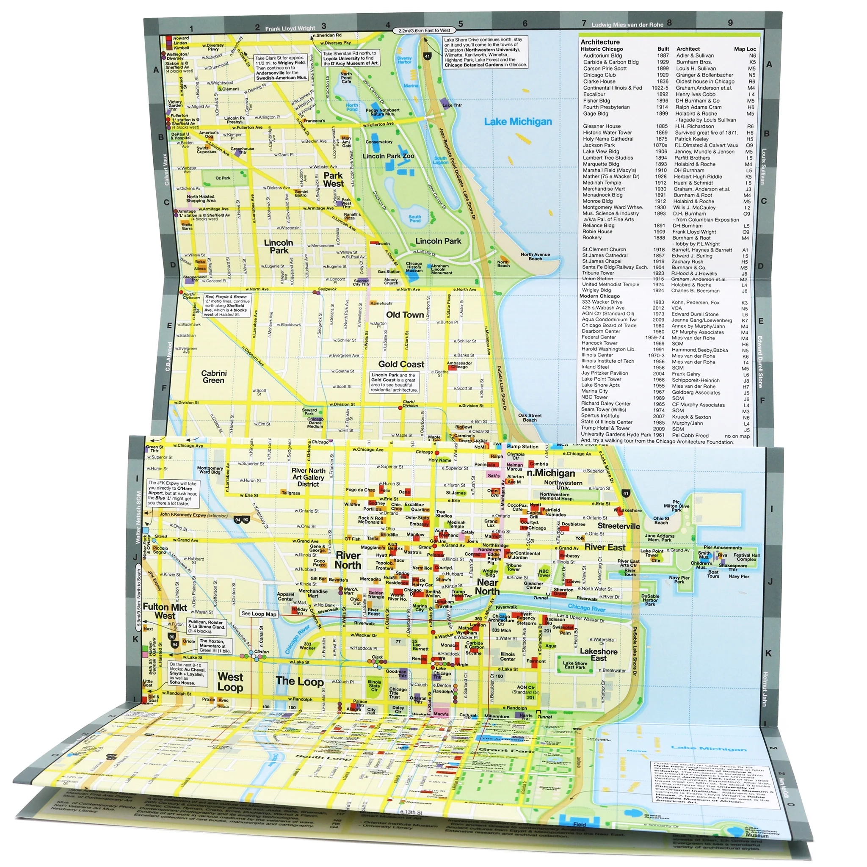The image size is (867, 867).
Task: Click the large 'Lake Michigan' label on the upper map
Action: pyautogui.click(x=518, y=121)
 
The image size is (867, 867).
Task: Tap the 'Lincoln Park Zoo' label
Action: pyautogui.click(x=388, y=156)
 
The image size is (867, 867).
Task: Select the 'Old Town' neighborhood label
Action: pyautogui.click(x=405, y=315)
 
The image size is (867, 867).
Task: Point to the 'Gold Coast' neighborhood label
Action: pyautogui.click(x=401, y=364)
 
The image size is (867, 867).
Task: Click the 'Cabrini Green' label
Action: pyautogui.click(x=214, y=377)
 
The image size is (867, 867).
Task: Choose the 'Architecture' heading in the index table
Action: pyautogui.click(x=600, y=42)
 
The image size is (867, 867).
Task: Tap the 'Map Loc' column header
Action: pyautogui.click(x=745, y=49)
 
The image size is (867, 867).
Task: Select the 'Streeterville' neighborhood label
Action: pyautogui.click(x=618, y=526)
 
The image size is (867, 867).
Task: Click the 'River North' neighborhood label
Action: pyautogui.click(x=348, y=561)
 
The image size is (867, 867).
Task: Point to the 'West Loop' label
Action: pyautogui.click(x=230, y=682)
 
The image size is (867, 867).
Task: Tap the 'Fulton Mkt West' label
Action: pyautogui.click(x=165, y=612)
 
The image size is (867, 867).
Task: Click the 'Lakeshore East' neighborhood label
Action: pyautogui.click(x=599, y=655)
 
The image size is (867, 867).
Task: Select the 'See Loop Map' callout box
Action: pyautogui.click(x=259, y=613)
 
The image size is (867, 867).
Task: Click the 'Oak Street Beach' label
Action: pyautogui.click(x=530, y=418)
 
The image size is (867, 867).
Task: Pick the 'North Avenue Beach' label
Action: pyautogui.click(x=535, y=256)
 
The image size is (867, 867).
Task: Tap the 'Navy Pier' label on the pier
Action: pyautogui.click(x=739, y=576)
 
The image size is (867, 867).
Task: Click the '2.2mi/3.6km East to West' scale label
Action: pyautogui.click(x=424, y=30)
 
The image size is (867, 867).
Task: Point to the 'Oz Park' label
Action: pyautogui.click(x=223, y=178)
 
